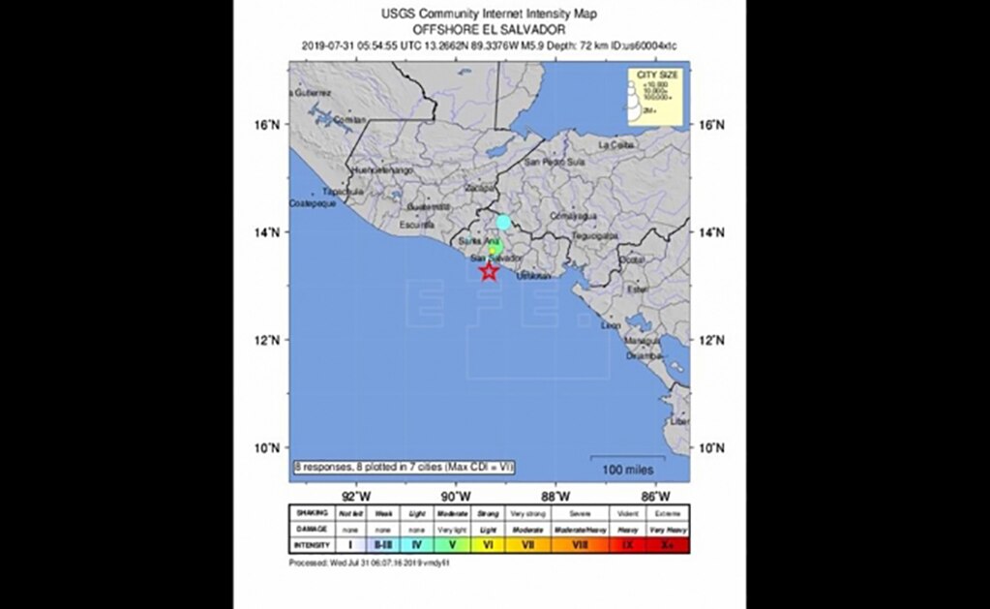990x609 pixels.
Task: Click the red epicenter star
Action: [489, 272]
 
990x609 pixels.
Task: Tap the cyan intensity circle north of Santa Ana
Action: [503, 222]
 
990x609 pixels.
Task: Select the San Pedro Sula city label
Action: [555, 163]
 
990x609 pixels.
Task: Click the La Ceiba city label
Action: [616, 144]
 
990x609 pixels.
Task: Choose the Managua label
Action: [642, 341]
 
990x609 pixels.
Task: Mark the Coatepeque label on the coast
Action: [313, 203]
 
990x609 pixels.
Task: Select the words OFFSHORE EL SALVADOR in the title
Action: [489, 29]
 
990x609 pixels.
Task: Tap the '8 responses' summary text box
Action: [404, 467]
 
